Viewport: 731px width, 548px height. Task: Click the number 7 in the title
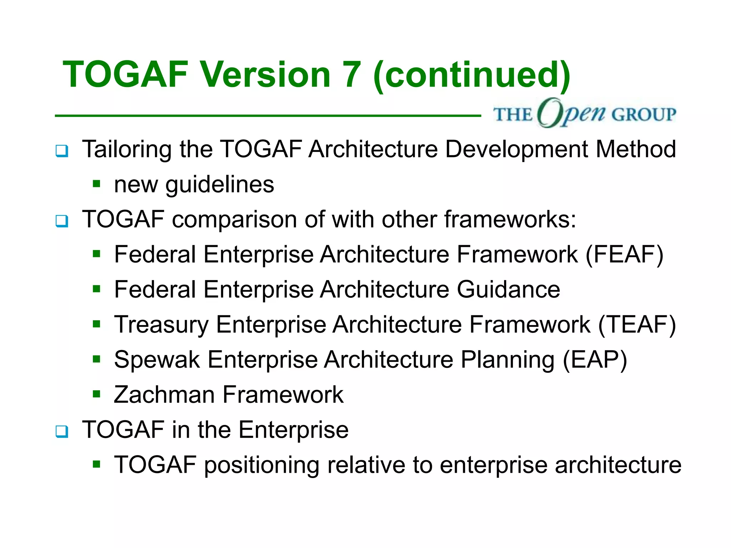[352, 75]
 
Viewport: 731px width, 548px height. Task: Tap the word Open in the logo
[571, 113]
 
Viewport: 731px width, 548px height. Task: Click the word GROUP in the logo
[644, 115]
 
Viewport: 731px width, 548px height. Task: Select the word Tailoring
[127, 149]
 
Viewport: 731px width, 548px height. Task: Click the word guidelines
[220, 185]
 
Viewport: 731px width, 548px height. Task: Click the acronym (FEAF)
[624, 254]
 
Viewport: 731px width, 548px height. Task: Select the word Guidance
[508, 289]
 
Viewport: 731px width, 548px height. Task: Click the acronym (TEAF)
[637, 324]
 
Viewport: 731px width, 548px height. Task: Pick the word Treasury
[161, 325]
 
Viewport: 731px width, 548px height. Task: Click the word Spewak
[157, 359]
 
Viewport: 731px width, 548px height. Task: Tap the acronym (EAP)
[595, 359]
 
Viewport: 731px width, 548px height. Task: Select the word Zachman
[164, 395]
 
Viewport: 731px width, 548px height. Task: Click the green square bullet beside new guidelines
[96, 184]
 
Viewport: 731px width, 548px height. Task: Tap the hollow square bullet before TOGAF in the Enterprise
[62, 431]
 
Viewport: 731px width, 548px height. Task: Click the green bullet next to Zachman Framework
[96, 394]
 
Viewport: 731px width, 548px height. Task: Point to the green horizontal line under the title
[268, 116]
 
